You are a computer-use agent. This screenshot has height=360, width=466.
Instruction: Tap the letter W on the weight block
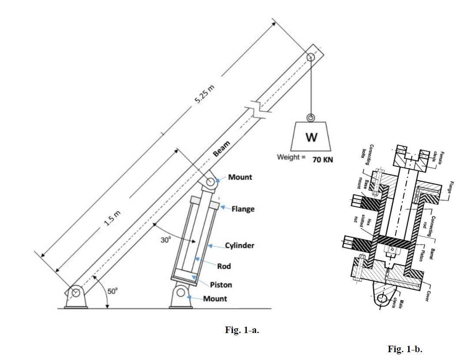click(x=311, y=137)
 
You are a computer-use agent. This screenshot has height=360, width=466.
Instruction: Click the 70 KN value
click(x=323, y=160)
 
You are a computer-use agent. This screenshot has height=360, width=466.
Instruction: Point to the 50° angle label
click(x=112, y=292)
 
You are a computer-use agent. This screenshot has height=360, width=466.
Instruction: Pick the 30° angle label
click(x=166, y=239)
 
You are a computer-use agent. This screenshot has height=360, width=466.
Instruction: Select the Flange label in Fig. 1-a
click(x=243, y=209)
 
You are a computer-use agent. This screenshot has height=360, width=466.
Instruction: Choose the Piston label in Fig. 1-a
click(x=221, y=285)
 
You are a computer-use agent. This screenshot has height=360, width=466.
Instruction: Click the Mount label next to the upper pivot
click(x=240, y=177)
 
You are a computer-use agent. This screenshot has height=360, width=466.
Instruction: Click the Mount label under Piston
click(x=215, y=299)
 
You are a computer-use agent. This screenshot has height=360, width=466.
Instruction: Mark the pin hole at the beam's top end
click(x=310, y=57)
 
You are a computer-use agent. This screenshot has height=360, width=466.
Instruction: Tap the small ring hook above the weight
click(x=310, y=118)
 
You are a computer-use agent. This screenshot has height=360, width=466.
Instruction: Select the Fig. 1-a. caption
click(x=242, y=330)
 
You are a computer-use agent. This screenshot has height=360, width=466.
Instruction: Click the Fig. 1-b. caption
click(x=405, y=349)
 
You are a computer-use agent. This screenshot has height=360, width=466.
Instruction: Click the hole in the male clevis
click(x=383, y=299)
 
